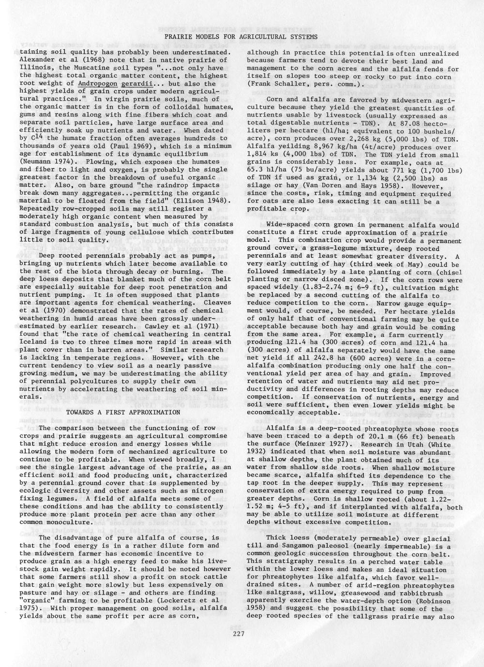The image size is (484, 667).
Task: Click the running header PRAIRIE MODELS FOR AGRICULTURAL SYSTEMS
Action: pos(241,36)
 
